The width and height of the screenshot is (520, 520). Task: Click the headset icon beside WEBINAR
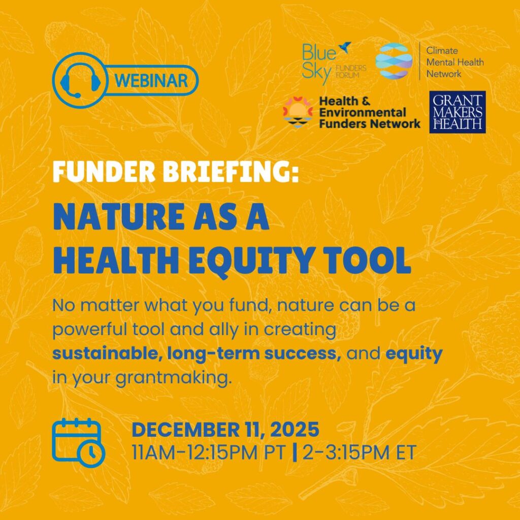[80, 81]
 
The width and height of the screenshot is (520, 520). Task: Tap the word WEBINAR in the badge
[151, 81]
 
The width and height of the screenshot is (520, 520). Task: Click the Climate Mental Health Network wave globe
[394, 61]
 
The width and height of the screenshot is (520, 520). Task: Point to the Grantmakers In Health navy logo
[458, 112]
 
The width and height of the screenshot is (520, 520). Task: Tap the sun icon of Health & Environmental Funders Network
[298, 112]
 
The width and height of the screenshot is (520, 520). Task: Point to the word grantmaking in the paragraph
[173, 378]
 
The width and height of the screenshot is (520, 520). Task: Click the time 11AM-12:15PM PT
[209, 452]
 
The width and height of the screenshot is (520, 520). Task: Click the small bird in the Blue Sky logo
[345, 47]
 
